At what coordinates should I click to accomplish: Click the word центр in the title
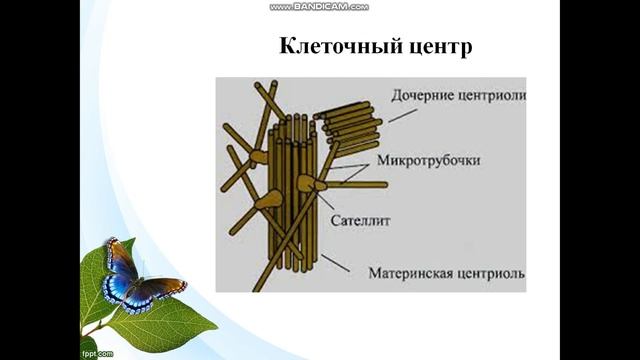[411, 47]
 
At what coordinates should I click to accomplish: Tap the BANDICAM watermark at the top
[319, 6]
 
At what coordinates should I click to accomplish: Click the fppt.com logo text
[97, 353]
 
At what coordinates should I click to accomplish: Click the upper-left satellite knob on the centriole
[259, 156]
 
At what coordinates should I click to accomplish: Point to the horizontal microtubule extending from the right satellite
[355, 184]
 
